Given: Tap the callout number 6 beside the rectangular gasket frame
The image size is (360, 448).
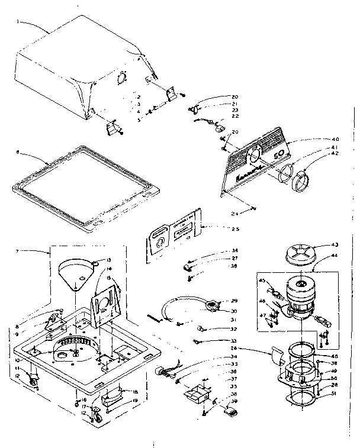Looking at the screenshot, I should pos(18,152).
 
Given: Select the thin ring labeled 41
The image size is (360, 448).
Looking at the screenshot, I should pos(286,175).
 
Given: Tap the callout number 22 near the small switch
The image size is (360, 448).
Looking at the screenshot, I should pos(234,116).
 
